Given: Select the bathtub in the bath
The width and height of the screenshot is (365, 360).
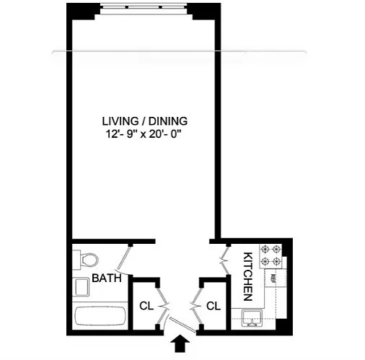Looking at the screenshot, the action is (x=100, y=315).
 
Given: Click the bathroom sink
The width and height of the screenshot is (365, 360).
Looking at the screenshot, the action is (x=82, y=287).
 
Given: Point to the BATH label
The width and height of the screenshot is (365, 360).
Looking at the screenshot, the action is (x=107, y=278).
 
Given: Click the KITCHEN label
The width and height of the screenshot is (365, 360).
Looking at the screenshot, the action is (x=248, y=276).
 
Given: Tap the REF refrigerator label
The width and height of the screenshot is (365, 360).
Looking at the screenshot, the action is (x=273, y=278).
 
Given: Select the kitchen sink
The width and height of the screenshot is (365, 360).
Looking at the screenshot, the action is (x=252, y=318).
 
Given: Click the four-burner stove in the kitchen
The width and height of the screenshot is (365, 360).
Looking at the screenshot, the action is (x=271, y=256).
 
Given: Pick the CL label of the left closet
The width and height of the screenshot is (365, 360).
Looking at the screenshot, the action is (x=146, y=306).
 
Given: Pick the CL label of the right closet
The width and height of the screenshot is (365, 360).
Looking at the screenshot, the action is (x=214, y=306).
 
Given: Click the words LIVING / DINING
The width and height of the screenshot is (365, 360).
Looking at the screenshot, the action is (x=145, y=121).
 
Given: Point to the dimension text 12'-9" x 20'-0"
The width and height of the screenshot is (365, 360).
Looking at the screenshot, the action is (x=144, y=134).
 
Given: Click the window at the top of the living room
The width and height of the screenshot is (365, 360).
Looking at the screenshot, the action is (x=144, y=8).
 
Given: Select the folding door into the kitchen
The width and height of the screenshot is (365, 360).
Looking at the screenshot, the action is (x=224, y=260).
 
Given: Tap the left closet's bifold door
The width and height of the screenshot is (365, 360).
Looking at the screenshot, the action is (x=162, y=306).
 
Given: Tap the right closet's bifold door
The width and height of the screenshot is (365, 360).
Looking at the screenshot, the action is (x=196, y=306).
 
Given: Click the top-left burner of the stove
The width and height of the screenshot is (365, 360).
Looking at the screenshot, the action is (x=265, y=250).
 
